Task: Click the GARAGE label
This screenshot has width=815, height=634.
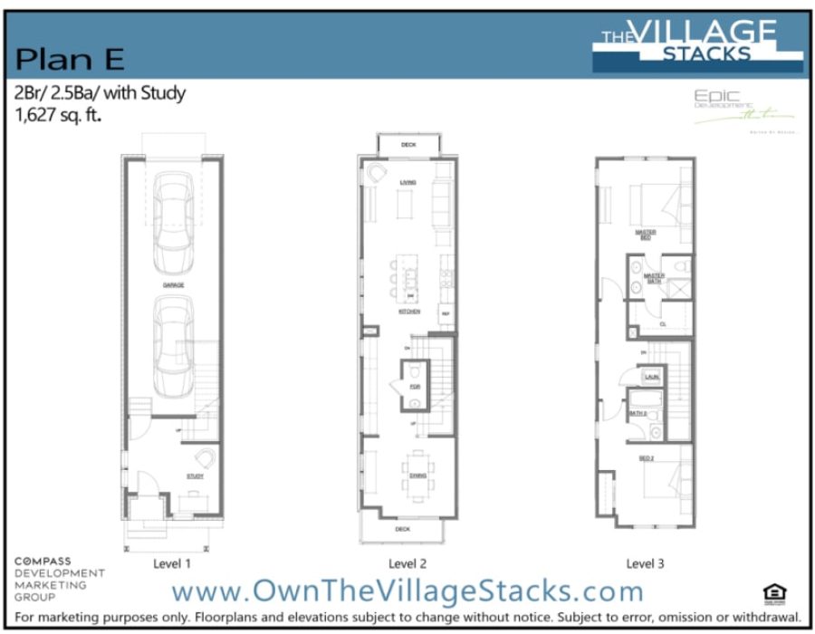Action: coord(173,284)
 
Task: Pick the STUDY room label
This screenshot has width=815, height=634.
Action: coord(196,475)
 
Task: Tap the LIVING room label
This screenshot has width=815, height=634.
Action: coord(407,182)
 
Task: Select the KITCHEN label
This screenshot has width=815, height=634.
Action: coord(409,311)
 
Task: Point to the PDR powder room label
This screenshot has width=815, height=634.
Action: coord(414,387)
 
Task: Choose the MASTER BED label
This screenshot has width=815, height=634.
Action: coord(645,234)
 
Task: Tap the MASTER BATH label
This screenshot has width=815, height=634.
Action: coord(654,278)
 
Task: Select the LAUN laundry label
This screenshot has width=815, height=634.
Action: coord(651,376)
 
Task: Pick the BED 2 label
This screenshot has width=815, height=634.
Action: coord(646,458)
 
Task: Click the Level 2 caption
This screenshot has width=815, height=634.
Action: coord(407,563)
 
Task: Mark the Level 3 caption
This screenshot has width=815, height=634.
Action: coord(645,563)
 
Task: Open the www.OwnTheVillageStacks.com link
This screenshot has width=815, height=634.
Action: coord(407,591)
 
